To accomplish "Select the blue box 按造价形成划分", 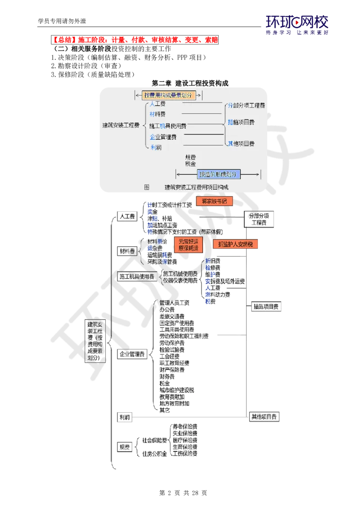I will [218, 174].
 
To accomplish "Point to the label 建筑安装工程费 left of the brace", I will [121, 125].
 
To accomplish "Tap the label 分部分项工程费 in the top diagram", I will [246, 105].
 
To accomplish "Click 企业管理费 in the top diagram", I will [163, 137].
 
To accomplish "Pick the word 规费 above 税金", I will [190, 158].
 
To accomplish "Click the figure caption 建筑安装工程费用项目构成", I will [196, 187].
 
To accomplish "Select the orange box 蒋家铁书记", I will [214, 201].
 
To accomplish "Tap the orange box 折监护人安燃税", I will [235, 244].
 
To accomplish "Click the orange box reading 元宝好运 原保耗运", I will [188, 245].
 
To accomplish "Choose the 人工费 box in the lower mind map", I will [126, 216].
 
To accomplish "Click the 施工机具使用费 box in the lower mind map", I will [136, 277].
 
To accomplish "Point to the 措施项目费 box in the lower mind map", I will [266, 307].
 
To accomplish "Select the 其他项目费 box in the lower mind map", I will [265, 417].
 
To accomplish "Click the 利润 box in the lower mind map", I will [125, 417].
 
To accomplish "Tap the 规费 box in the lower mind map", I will [125, 447].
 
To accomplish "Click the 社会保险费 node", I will [153, 439].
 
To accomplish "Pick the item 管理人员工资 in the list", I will [175, 302].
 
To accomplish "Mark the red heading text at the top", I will [136, 40].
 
